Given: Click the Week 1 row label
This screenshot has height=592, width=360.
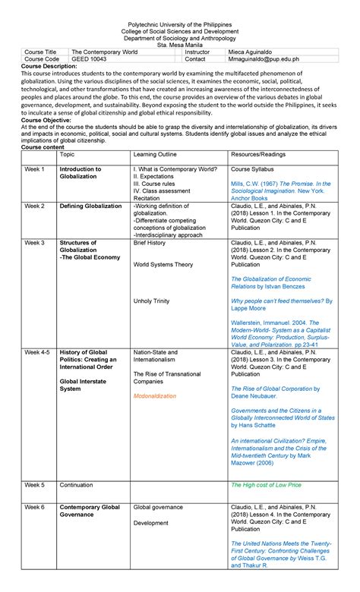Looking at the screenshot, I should pos(34,168).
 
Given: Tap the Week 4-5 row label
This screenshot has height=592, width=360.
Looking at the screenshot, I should pos(37,352).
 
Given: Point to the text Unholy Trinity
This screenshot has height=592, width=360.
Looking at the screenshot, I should pos(153,301).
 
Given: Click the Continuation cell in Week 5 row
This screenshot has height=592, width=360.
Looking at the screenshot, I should pos(80,484).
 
